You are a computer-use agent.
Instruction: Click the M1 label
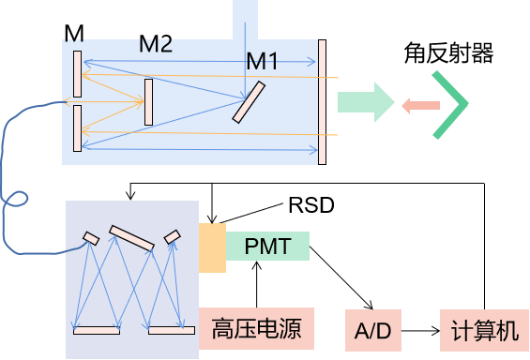263,62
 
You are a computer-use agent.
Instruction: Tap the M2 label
156,44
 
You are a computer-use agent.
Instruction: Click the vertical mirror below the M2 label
148,102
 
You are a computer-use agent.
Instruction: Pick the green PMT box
267,247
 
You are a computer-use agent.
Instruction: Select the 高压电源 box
256,329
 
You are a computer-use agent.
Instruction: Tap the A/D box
372,330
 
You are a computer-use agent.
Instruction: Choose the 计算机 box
483,330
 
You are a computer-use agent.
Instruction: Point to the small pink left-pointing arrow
420,105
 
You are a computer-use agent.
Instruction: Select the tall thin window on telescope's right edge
322,102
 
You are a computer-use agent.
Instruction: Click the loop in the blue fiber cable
16,199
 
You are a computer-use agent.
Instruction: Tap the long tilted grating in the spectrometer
131,238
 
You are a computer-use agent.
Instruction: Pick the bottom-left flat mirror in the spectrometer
97,330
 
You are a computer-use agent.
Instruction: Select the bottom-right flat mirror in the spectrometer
172,330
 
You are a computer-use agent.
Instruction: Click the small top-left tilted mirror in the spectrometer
91,237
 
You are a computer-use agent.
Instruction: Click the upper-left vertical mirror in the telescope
77,73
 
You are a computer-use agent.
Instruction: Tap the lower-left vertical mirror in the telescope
77,128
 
